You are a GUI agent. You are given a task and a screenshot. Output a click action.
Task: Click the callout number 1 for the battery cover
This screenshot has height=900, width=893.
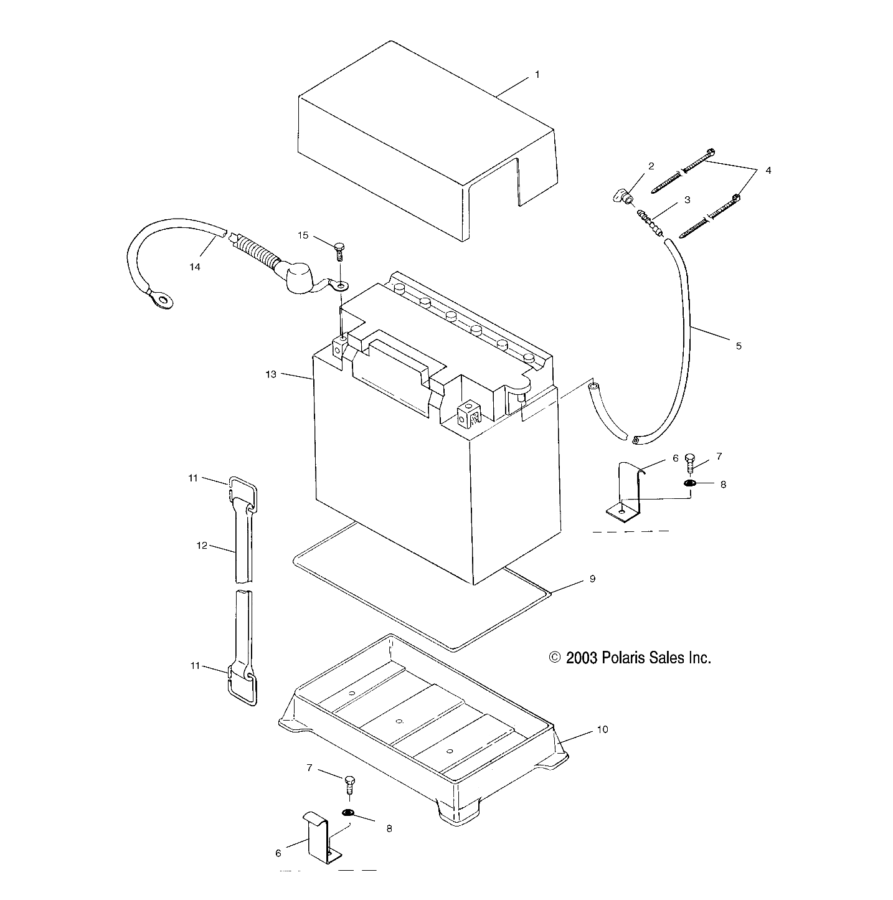[537, 75]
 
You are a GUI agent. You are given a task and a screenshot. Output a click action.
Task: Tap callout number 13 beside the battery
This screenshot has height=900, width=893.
[270, 374]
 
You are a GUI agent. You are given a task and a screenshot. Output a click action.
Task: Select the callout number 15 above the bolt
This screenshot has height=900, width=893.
[303, 235]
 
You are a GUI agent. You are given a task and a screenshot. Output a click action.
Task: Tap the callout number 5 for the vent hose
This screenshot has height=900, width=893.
[739, 346]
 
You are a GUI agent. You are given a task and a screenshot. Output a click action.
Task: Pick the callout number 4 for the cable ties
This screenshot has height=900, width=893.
[768, 170]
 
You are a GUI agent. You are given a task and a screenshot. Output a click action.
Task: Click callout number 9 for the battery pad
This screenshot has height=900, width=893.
[592, 579]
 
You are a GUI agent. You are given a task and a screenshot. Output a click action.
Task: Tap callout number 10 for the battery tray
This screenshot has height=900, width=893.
[602, 729]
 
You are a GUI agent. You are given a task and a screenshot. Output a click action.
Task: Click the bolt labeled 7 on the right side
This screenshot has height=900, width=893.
[689, 464]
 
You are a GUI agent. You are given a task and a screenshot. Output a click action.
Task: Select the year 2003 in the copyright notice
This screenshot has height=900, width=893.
[582, 658]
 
